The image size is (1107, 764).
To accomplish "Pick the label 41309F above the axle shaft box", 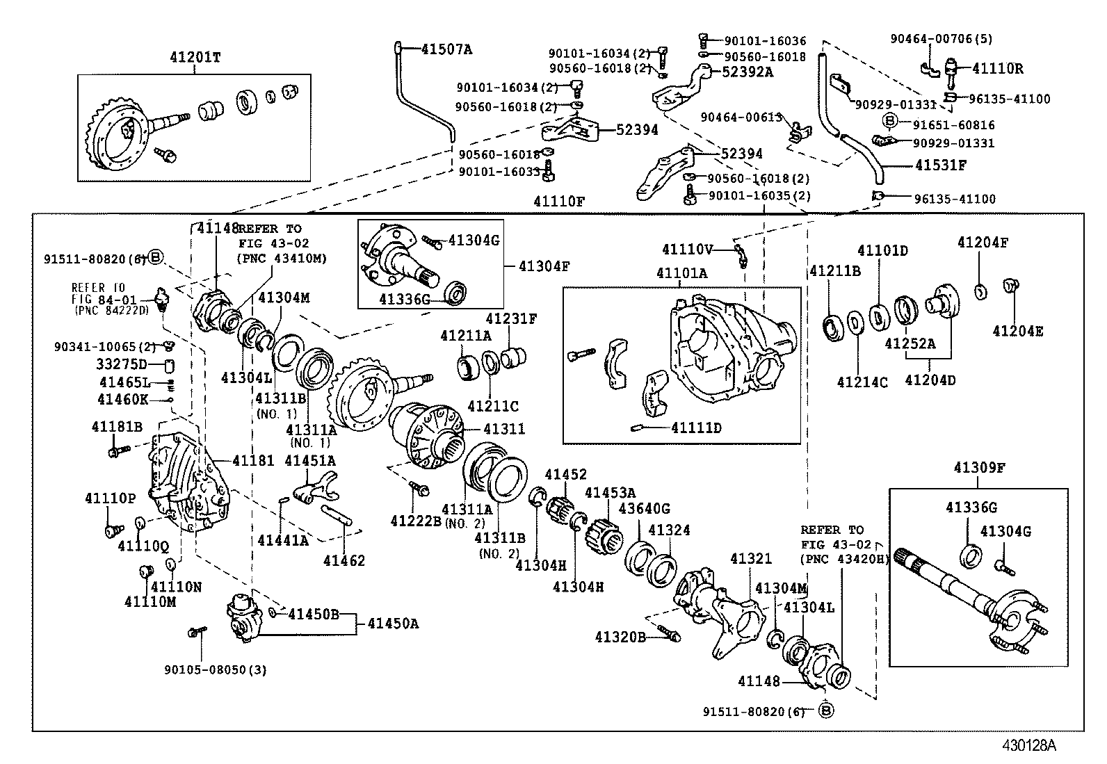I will (979, 467).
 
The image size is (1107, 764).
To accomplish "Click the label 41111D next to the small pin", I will (696, 428).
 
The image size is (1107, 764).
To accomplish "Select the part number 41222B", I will (416, 521).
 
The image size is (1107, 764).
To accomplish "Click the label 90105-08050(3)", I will (216, 670).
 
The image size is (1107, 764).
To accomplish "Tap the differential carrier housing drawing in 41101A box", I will (730, 348).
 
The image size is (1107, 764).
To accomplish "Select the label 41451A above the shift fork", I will (310, 460).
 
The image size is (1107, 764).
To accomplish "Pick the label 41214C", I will (862, 382).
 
